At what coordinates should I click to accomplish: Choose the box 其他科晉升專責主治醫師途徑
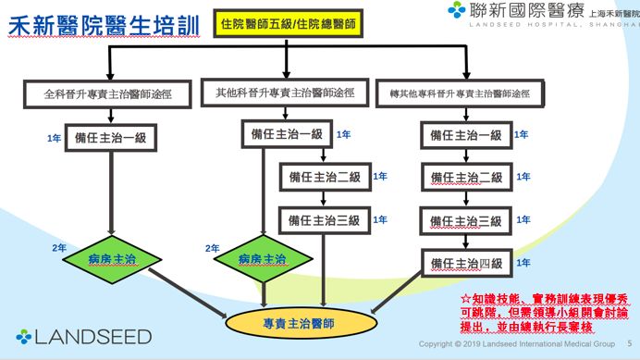284,93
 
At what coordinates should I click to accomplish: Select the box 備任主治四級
466,265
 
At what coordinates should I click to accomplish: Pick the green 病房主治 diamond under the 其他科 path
262,259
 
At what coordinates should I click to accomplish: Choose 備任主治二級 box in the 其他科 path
325,177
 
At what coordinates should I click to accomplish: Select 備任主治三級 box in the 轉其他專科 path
466,221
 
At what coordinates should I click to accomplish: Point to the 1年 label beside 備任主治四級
523,263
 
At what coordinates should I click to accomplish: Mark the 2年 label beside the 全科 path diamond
59,248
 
